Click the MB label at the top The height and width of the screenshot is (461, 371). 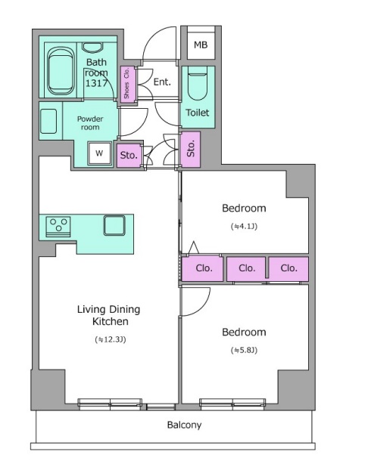click(201, 45)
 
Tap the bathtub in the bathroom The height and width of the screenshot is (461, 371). click(61, 71)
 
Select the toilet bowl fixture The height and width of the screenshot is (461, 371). click(198, 83)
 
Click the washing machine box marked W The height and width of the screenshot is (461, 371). click(99, 153)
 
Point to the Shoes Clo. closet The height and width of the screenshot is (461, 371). click(127, 83)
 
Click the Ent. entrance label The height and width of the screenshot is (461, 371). click(162, 82)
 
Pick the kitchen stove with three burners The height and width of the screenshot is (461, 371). click(58, 227)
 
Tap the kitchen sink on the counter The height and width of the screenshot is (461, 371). click(114, 225)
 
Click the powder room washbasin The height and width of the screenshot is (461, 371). click(48, 121)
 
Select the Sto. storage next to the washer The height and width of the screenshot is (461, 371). click(129, 155)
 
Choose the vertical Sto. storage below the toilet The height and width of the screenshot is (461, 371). click(191, 150)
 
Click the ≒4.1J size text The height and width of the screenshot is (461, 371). click(244, 227)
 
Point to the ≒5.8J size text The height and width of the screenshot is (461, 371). click(244, 350)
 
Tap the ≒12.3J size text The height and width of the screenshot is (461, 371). click(111, 339)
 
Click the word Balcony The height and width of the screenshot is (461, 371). click(184, 425)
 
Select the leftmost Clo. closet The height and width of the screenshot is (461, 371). click(202, 269)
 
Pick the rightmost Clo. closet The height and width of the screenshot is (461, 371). click(289, 268)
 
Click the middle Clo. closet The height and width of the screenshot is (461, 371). click(246, 268)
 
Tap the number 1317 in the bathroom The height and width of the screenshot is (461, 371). click(96, 83)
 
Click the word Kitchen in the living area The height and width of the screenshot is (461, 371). click(111, 321)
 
